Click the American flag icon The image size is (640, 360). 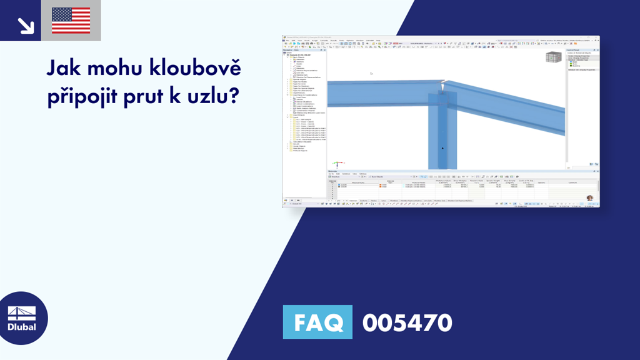71,21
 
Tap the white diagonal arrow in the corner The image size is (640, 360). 26,24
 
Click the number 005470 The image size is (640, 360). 407,322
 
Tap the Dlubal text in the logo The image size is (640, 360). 22,326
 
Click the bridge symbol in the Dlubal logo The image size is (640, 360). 22,312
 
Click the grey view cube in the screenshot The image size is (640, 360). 552,57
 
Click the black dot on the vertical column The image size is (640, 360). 442,148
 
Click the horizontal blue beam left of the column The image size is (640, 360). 375,94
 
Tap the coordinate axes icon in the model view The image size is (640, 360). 336,164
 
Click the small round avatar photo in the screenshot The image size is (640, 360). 590,198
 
